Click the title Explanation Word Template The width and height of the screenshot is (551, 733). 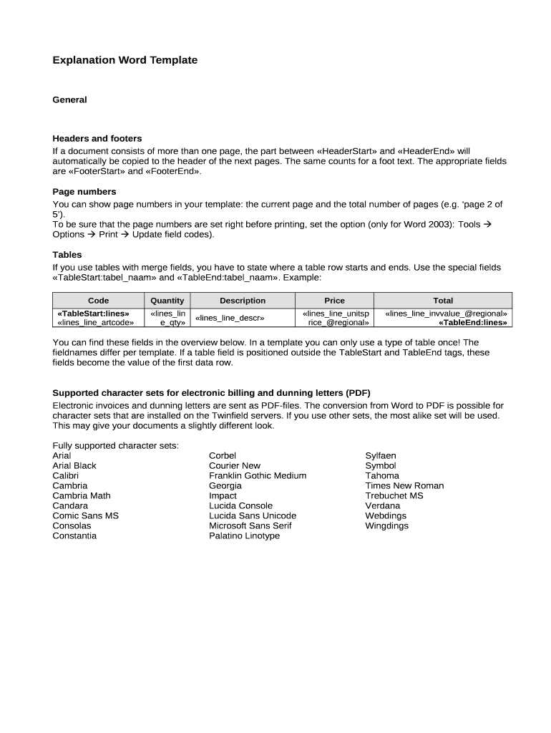pos(125,60)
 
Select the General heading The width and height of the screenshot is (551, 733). pos(69,99)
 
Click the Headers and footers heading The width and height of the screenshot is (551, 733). pos(97,138)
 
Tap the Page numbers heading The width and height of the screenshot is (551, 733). pos(84,192)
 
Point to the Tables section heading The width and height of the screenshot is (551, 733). pos(67,255)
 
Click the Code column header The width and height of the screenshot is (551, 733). pos(98,301)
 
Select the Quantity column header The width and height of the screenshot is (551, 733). pos(167,301)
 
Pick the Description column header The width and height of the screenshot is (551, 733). pos(243,301)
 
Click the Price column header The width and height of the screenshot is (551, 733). pos(334,301)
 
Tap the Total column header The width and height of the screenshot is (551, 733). pos(443,301)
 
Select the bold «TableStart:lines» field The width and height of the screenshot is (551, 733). pos(93,313)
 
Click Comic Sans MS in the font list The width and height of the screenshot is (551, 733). pos(85,515)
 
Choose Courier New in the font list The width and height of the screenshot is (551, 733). pos(235,465)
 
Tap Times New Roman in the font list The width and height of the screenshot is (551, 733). pos(404,485)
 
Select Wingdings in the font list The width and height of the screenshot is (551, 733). pos(386,525)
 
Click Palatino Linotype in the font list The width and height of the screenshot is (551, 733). pos(244,535)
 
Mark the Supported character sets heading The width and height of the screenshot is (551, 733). pos(211,393)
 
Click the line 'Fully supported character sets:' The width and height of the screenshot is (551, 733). pos(115,445)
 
